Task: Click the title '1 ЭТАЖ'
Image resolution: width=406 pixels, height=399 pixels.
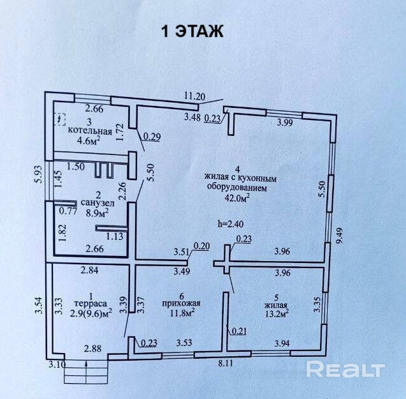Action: pyautogui.click(x=192, y=31)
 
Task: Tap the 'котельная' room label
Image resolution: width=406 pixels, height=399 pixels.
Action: pyautogui.click(x=90, y=130)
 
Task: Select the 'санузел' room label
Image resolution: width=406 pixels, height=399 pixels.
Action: pyautogui.click(x=98, y=202)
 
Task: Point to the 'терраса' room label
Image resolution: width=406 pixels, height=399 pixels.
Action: pyautogui.click(x=91, y=303)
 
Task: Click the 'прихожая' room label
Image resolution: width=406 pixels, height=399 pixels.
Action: pyautogui.click(x=181, y=303)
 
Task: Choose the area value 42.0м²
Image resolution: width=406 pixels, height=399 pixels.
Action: pyautogui.click(x=237, y=198)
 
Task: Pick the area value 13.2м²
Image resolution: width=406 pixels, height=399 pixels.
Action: pyautogui.click(x=277, y=314)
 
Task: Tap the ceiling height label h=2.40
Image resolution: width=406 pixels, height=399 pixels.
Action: pyautogui.click(x=231, y=223)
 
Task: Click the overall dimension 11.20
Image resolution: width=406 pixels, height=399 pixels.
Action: pyautogui.click(x=194, y=97)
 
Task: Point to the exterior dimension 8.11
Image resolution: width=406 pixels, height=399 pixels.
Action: pyautogui.click(x=225, y=363)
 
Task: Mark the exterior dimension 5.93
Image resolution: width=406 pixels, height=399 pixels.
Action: pyautogui.click(x=39, y=174)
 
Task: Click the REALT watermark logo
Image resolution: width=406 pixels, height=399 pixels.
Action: pyautogui.click(x=345, y=370)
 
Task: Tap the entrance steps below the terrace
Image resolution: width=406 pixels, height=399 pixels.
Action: pyautogui.click(x=85, y=372)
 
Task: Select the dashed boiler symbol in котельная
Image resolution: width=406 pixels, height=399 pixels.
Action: pyautogui.click(x=60, y=119)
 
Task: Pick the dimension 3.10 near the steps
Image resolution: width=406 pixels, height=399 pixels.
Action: pyautogui.click(x=57, y=365)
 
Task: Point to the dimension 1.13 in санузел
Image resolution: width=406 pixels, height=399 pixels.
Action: pyautogui.click(x=114, y=236)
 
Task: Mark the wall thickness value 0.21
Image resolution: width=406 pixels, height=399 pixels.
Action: pyautogui.click(x=239, y=331)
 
